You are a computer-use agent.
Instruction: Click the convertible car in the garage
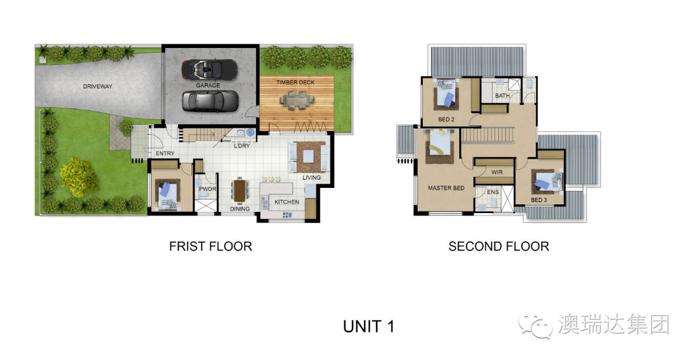(209, 70)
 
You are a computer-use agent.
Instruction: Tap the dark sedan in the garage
(210, 101)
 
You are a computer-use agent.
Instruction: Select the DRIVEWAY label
(98, 86)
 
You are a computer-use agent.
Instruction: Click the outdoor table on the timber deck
(297, 100)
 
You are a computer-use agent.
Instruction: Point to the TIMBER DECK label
(295, 83)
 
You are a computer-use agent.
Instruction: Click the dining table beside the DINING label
(240, 190)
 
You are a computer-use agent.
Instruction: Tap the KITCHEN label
(287, 202)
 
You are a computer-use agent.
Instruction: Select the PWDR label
(207, 189)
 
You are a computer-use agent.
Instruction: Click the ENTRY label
(165, 153)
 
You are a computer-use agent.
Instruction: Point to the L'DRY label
(242, 146)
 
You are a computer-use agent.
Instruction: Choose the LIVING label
(312, 177)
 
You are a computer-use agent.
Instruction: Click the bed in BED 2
(446, 94)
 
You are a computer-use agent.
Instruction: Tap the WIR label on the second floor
(497, 172)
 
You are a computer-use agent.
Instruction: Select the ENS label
(493, 192)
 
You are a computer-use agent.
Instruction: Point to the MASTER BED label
(446, 188)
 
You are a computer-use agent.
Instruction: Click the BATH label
(502, 95)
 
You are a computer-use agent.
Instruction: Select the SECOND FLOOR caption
(499, 246)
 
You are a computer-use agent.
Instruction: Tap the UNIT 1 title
(369, 327)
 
